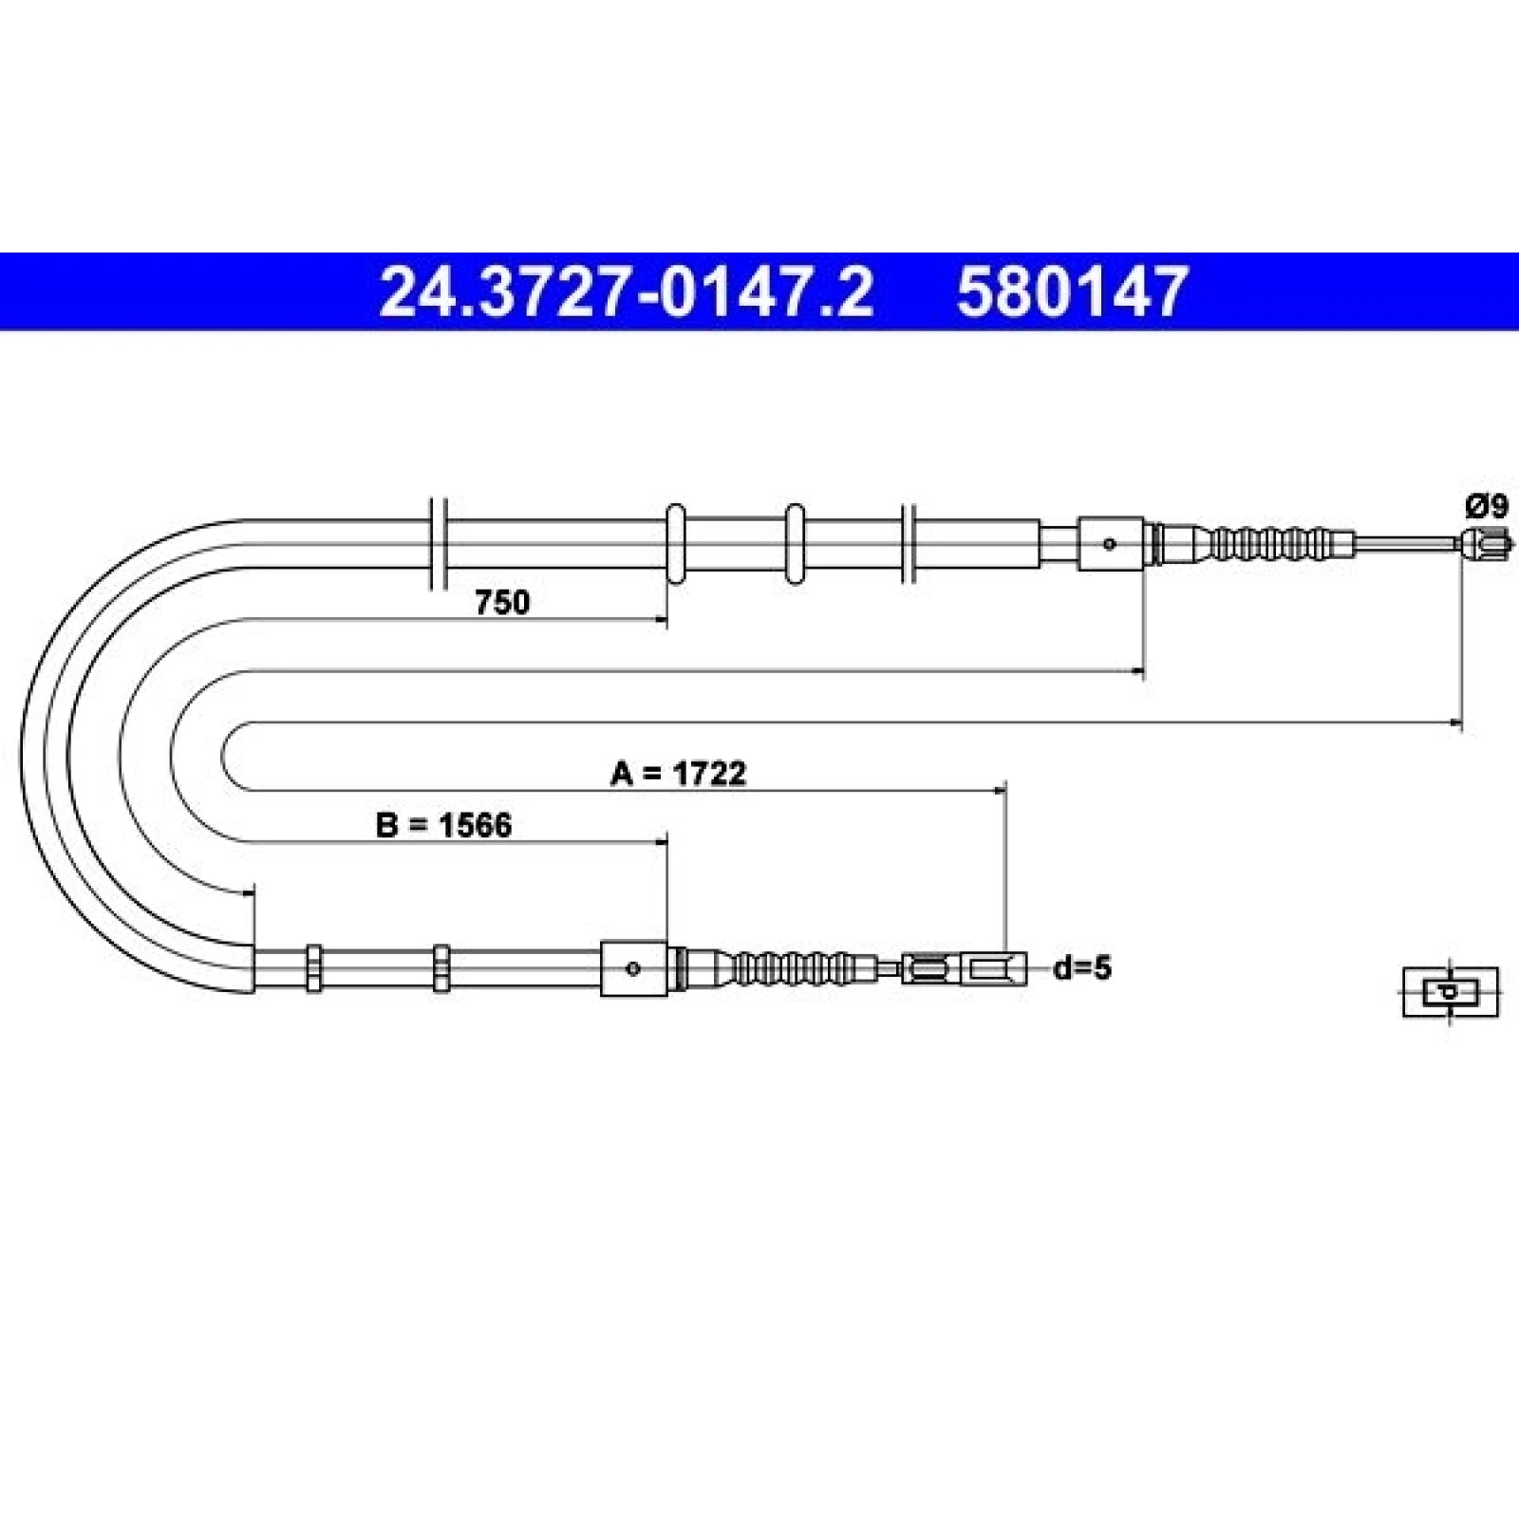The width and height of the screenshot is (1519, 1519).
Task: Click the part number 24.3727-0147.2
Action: (x=626, y=291)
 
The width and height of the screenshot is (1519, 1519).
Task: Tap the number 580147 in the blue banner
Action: (x=1072, y=291)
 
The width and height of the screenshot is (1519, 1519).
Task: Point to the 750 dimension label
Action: (x=502, y=602)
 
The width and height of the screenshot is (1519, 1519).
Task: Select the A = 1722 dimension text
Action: (x=678, y=773)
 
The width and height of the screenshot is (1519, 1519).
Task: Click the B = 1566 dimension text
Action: (x=443, y=825)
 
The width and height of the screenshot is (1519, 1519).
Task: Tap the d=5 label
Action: (x=1082, y=968)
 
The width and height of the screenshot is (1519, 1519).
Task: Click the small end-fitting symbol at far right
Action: (x=1450, y=992)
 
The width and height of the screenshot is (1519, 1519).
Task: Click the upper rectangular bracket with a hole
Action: (x=1110, y=544)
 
